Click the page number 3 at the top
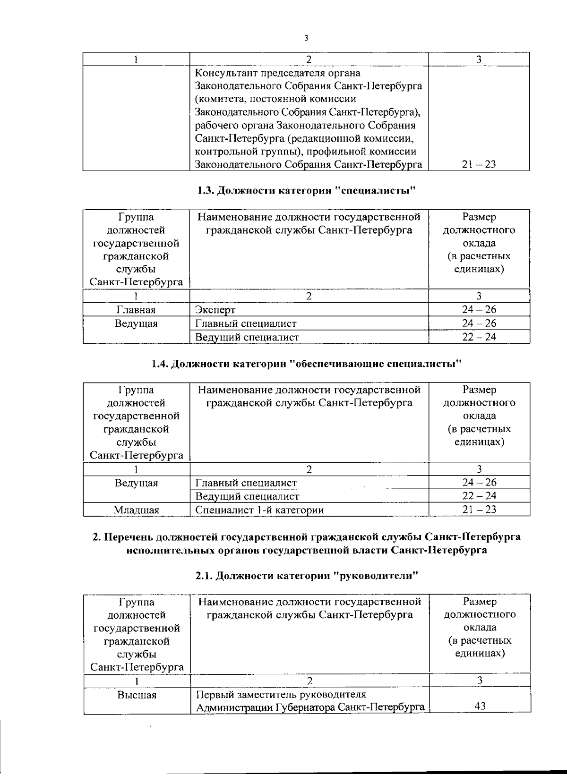tap(306, 38)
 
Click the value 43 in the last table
tap(480, 707)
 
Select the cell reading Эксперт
tap(215, 310)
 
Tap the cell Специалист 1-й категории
tap(259, 510)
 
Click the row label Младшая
tap(136, 510)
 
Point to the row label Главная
tap(136, 310)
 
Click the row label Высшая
tap(137, 695)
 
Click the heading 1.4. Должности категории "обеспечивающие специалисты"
tap(306, 364)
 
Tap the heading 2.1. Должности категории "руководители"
tap(308, 576)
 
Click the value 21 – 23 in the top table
tap(479, 165)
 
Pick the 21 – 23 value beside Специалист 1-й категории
tap(479, 510)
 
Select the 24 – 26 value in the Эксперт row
tap(479, 310)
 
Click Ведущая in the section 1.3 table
tap(136, 323)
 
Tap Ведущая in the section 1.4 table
tap(136, 483)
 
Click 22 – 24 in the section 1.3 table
tap(479, 337)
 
